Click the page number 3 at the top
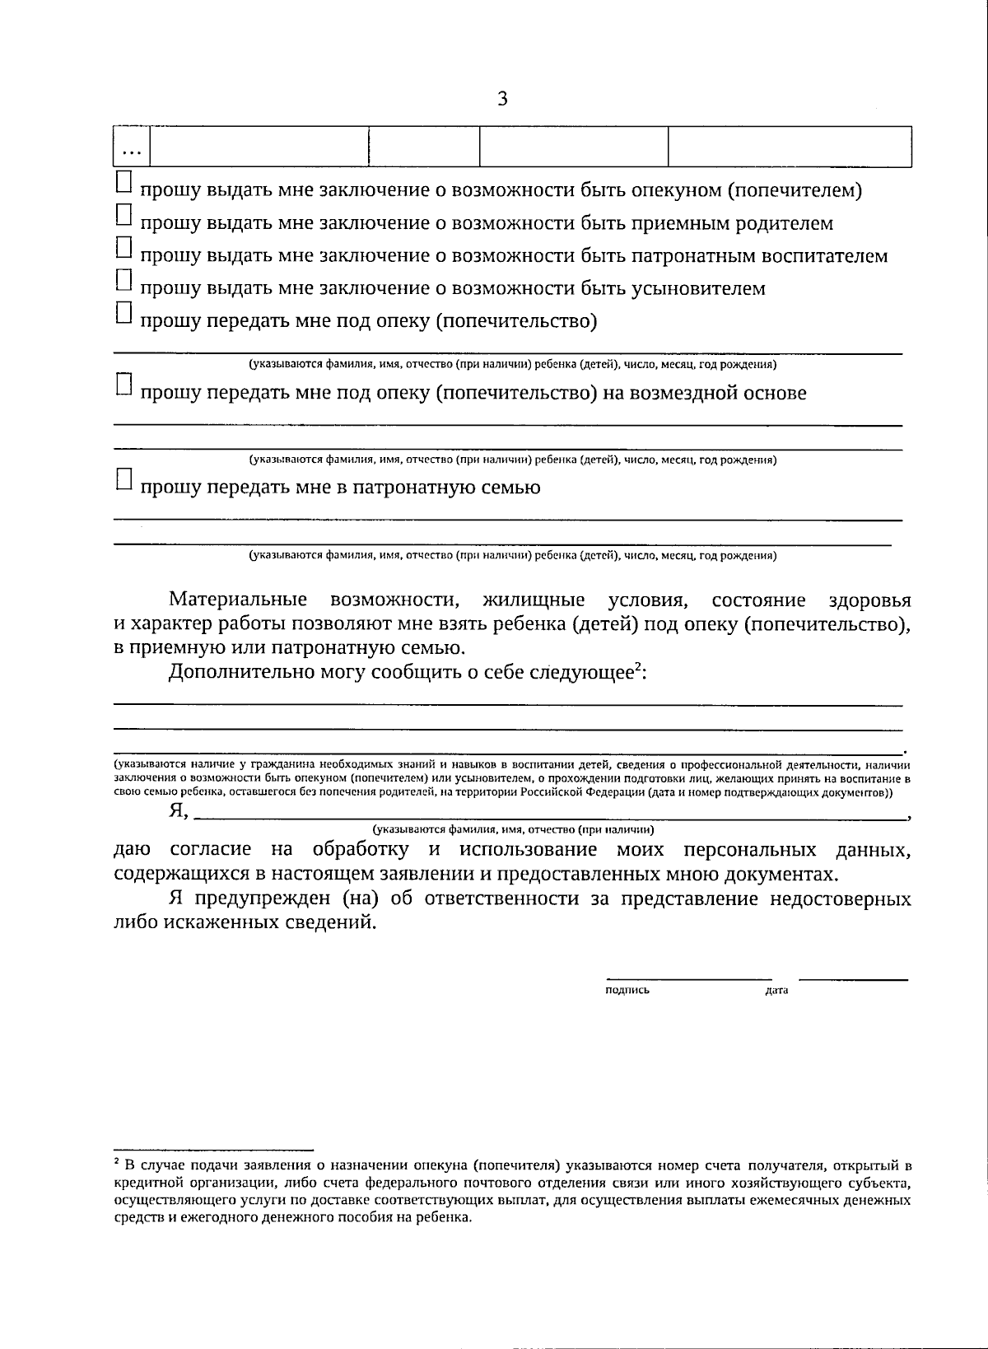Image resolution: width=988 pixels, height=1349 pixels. (502, 100)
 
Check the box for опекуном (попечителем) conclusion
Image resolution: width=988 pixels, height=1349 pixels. (123, 182)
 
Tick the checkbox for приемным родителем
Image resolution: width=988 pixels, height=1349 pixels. (123, 215)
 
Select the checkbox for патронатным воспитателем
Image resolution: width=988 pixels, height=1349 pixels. (123, 247)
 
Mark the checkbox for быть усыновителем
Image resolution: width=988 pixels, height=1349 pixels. (123, 280)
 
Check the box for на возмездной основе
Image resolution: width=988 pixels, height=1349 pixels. (123, 385)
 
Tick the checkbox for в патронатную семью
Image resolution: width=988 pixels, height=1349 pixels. (123, 479)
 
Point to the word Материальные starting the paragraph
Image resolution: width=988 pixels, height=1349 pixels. (238, 600)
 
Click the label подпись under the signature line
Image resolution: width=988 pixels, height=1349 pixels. (627, 991)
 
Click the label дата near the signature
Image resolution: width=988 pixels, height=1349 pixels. (776, 991)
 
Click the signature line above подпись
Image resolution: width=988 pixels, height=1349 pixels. (688, 978)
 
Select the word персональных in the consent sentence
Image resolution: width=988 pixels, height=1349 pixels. (749, 851)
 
